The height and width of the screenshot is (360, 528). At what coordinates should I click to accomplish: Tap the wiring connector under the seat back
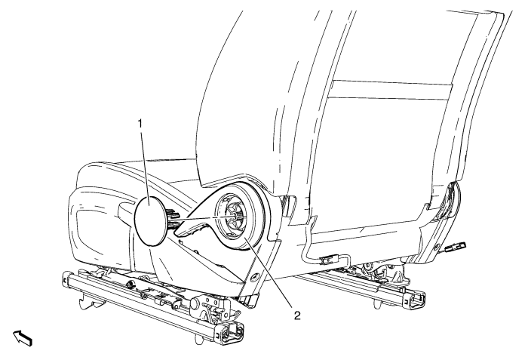(327, 258)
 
